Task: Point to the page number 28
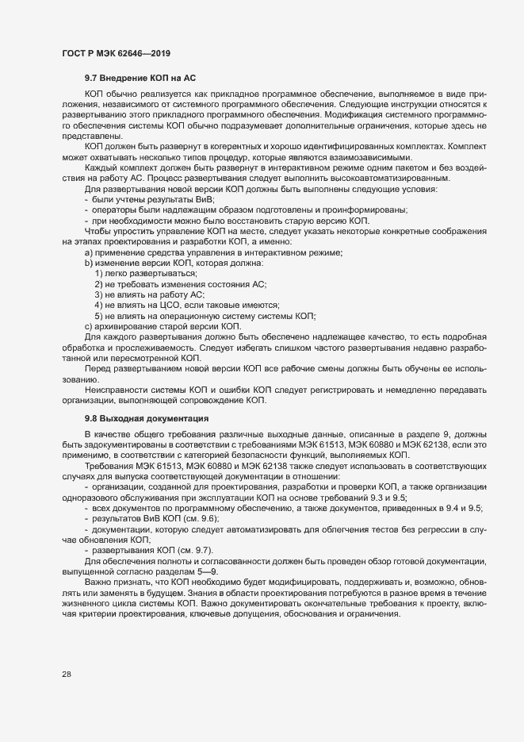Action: [x=66, y=675]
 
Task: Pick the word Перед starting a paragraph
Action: [x=98, y=369]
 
